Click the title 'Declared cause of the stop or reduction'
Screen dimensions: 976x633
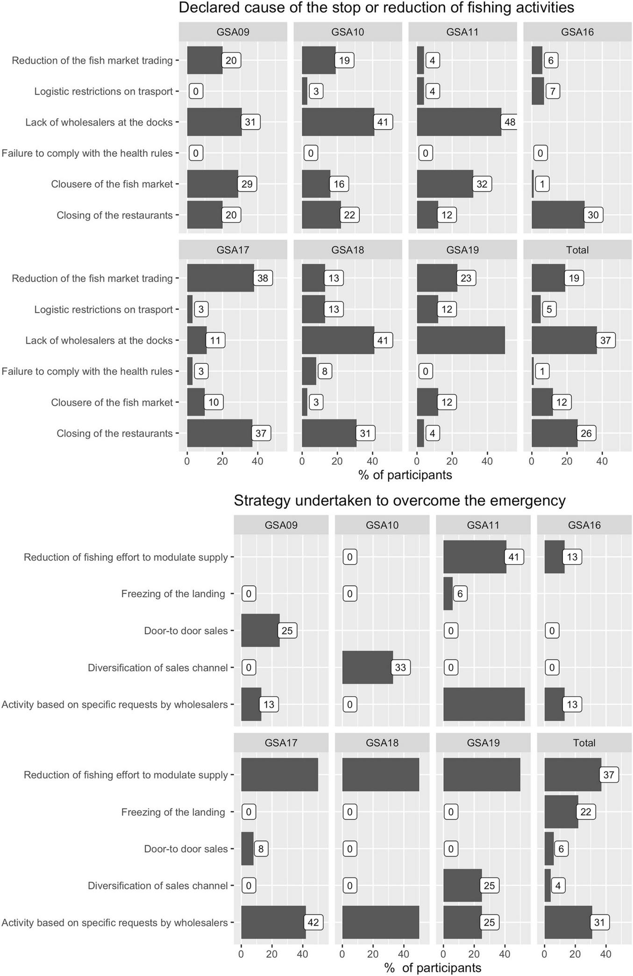point(376,8)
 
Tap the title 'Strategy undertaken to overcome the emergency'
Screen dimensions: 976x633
point(399,501)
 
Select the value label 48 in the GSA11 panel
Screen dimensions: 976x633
point(510,122)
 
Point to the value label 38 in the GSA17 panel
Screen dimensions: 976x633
point(263,278)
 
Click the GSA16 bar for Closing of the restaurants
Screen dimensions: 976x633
point(558,215)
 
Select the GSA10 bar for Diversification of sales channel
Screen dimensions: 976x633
point(367,667)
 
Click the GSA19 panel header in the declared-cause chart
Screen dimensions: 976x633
point(462,250)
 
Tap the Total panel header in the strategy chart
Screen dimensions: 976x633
point(584,743)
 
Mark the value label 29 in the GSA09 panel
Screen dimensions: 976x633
point(247,184)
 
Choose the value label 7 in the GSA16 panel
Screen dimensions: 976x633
point(553,91)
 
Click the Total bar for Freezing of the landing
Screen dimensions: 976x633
point(561,812)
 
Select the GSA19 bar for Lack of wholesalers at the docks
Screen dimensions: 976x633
point(461,340)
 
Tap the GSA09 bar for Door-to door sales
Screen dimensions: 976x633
point(260,630)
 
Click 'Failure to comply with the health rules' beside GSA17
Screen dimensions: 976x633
point(87,371)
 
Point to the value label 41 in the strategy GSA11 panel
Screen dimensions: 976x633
point(513,557)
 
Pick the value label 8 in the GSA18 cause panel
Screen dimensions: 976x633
point(325,371)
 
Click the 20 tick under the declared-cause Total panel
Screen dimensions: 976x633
point(567,461)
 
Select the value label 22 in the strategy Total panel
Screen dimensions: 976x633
point(586,812)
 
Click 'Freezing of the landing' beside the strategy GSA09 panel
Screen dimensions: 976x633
point(173,594)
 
